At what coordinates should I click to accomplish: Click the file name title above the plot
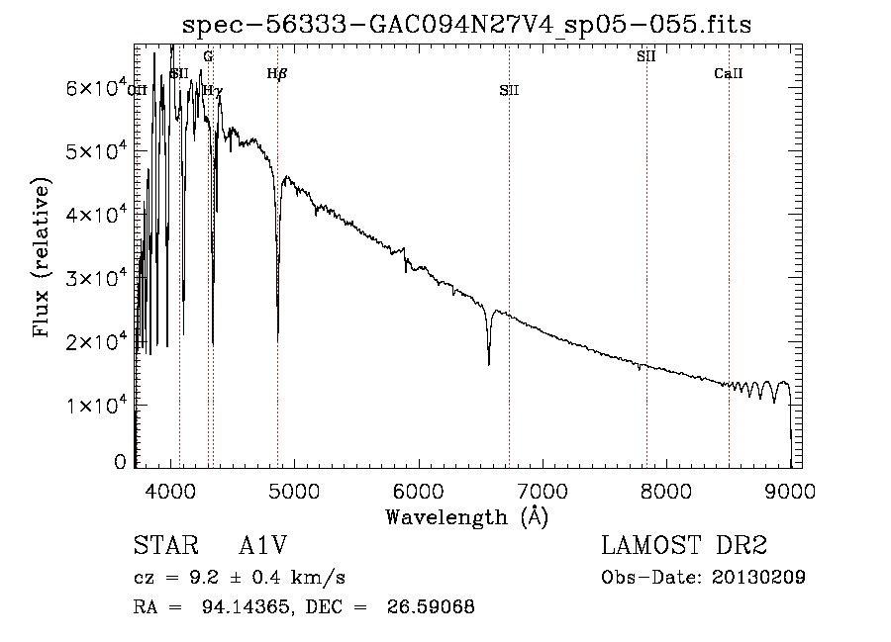click(x=467, y=25)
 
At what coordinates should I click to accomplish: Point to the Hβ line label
click(x=277, y=73)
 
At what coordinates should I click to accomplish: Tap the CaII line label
click(x=729, y=73)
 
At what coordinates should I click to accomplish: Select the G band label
click(x=208, y=57)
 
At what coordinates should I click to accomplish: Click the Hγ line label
click(x=213, y=90)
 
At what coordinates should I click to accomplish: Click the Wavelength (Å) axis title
click(x=466, y=515)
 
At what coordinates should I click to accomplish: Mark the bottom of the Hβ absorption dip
click(x=277, y=338)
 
